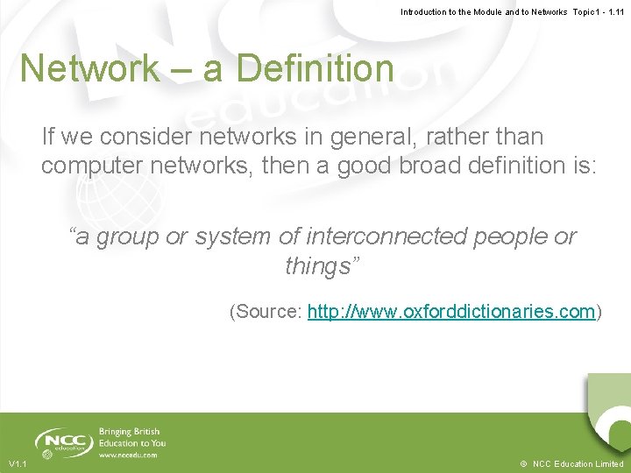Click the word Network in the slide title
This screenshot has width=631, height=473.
[89, 68]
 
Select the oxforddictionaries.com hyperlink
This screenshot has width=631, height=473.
[451, 312]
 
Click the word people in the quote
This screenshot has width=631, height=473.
[519, 236]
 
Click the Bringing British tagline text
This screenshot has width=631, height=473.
[130, 432]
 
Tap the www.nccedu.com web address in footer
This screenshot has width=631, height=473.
[128, 455]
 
